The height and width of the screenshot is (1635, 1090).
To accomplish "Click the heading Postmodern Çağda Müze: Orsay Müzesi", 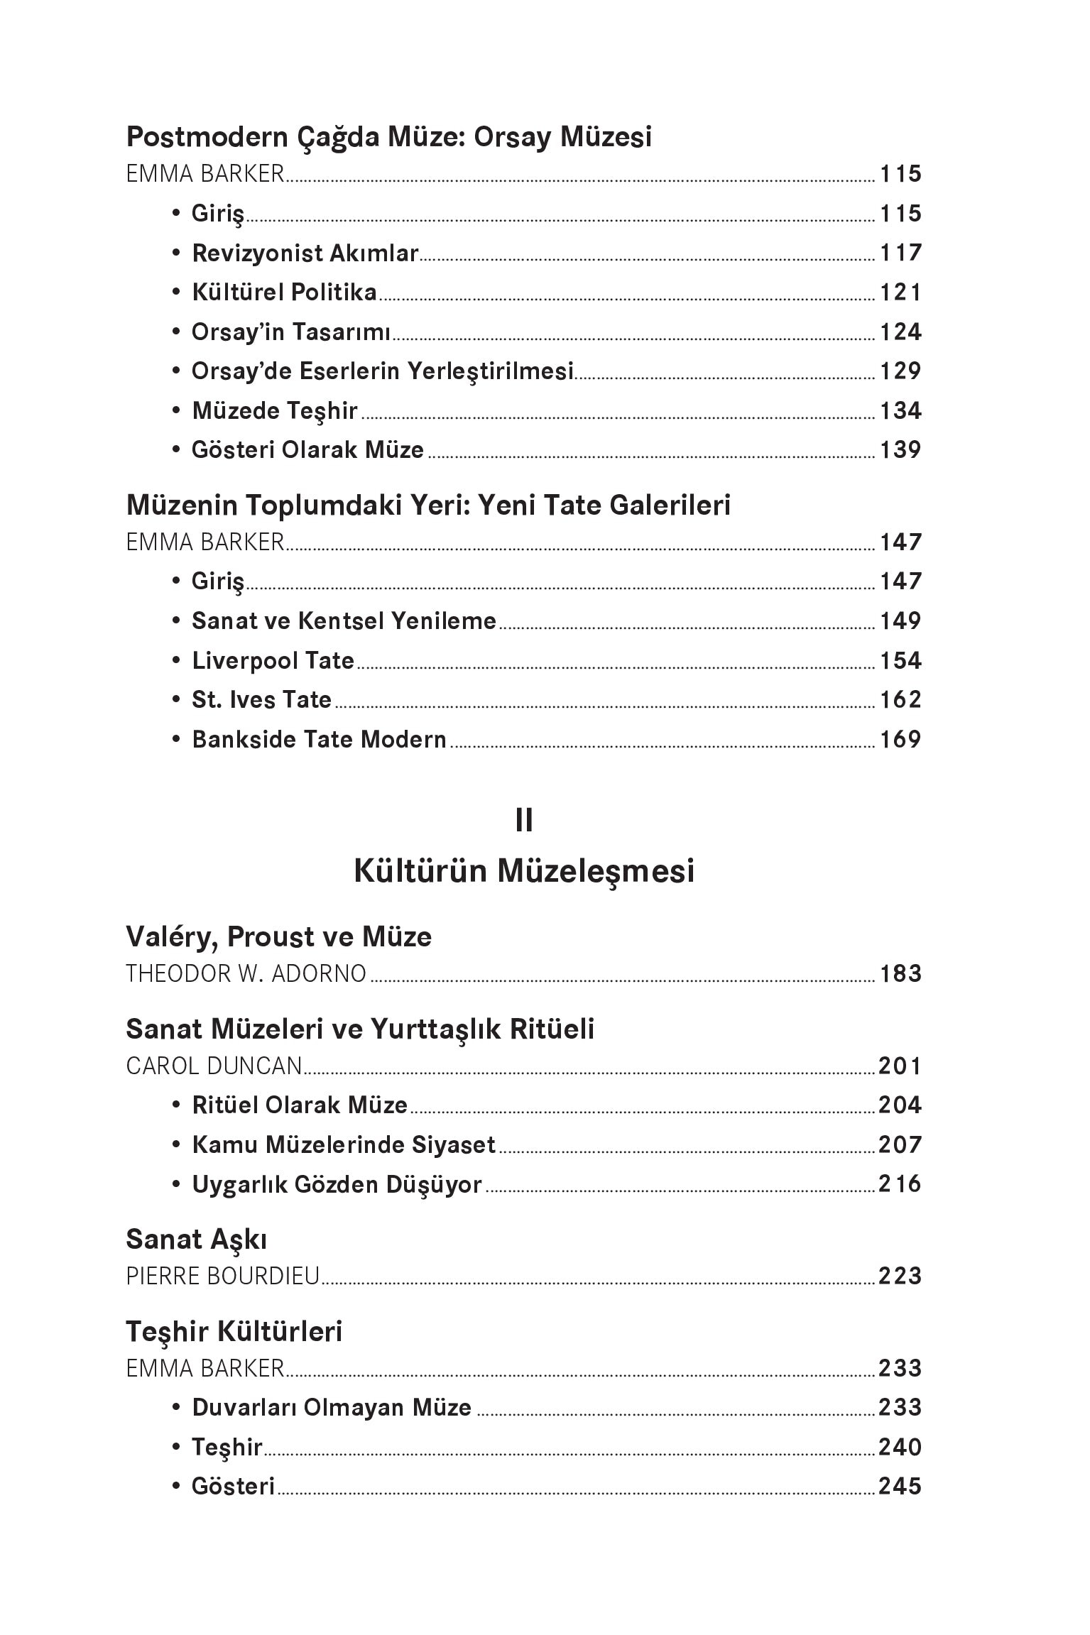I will point(388,137).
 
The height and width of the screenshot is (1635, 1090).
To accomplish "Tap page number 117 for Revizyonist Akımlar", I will point(900,253).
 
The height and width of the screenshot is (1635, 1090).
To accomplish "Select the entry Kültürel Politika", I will point(284,292).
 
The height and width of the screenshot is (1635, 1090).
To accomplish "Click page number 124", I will point(900,332).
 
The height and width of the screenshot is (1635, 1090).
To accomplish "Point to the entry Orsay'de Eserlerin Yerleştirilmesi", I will point(382,371).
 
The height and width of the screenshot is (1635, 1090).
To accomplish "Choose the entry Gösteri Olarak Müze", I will point(307,450).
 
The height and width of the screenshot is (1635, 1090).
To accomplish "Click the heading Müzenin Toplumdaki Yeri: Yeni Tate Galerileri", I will point(428,505).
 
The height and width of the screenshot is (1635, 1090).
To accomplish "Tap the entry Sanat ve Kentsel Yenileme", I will point(344,621).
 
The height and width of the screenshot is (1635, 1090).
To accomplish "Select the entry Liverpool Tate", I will point(273,661).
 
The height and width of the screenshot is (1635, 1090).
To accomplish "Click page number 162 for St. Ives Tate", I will point(900,700).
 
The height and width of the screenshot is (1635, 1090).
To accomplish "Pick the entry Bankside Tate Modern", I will point(319,740).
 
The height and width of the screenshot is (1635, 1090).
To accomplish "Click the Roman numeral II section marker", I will point(524,821).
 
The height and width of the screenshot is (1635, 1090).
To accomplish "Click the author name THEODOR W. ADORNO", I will point(246,973).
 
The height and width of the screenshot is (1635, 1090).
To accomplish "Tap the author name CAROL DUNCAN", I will point(214,1066).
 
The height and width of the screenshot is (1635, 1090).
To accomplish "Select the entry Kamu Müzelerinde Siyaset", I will point(344,1144).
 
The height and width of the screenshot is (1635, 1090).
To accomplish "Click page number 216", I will point(900,1183).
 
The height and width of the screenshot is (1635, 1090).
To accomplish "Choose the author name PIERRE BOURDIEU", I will point(222,1276).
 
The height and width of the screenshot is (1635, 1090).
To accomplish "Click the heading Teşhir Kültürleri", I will point(234,1332).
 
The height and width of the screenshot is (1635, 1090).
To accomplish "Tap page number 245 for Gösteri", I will point(900,1486).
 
